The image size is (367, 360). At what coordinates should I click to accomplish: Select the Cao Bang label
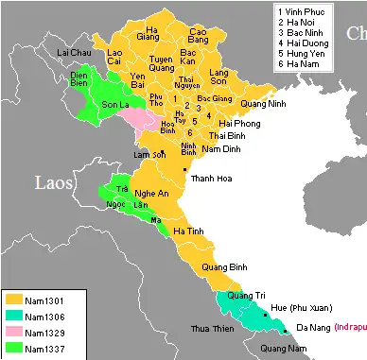point(199,37)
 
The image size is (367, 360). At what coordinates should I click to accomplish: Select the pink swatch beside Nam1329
point(12,334)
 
